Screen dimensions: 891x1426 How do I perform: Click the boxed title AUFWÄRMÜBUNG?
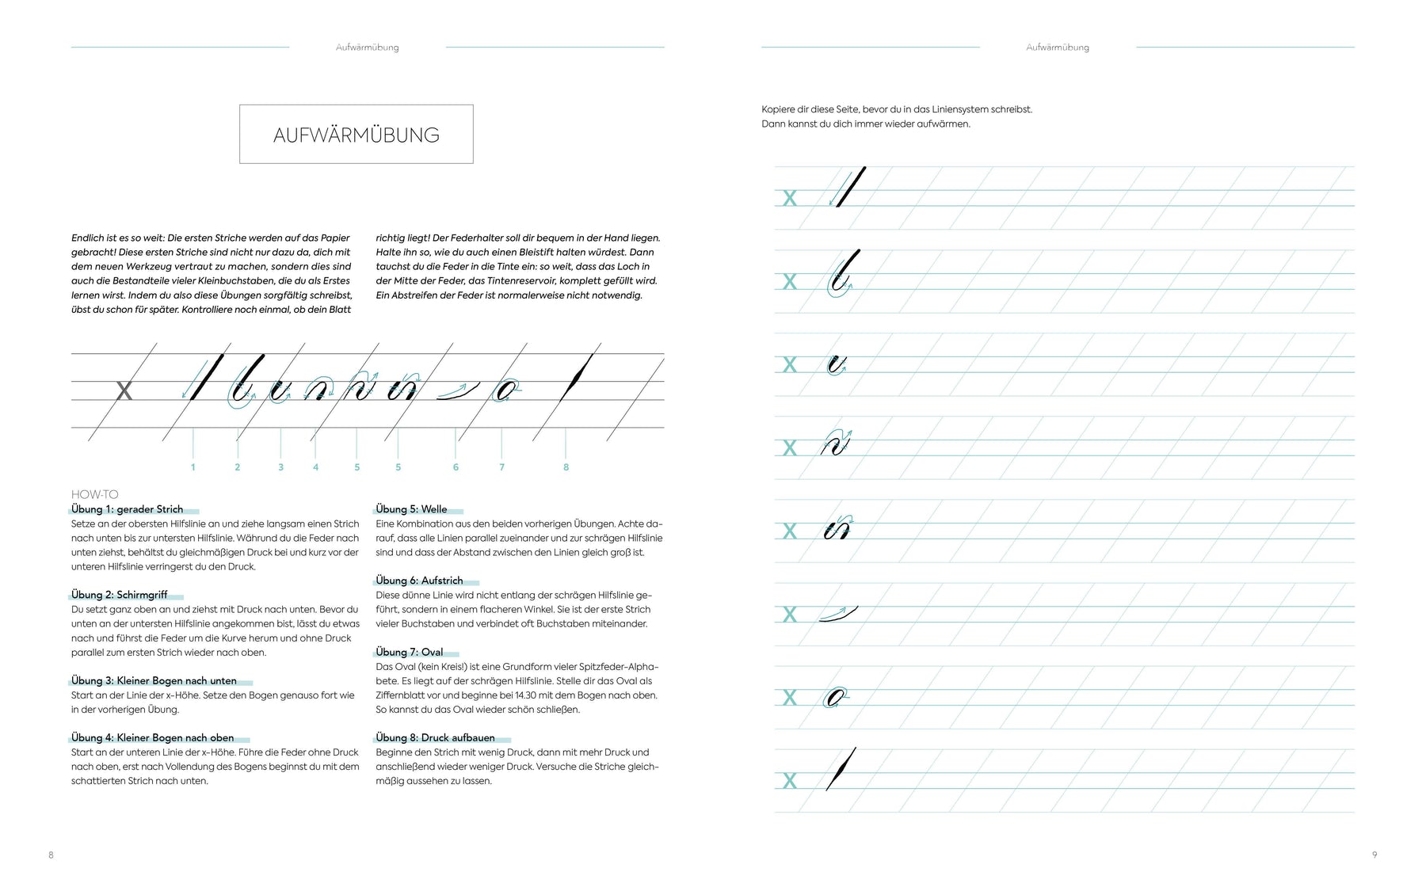356,135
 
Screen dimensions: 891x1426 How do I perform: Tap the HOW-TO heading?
94,494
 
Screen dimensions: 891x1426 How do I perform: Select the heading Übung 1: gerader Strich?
127,509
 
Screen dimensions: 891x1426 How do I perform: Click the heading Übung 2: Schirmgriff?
120,595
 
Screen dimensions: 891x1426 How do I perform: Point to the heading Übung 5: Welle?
411,509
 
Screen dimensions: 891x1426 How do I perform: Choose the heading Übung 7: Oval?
409,652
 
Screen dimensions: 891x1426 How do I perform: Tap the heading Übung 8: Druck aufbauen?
435,737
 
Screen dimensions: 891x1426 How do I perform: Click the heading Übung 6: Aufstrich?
419,581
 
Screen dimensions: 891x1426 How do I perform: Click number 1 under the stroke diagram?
193,467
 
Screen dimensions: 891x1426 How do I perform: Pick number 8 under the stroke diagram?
566,467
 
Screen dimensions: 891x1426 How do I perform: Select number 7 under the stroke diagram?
501,467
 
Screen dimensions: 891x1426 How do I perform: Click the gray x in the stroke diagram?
124,390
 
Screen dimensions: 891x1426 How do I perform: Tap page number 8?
51,855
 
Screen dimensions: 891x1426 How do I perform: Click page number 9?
1375,855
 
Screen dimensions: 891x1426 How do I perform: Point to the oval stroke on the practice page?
833,698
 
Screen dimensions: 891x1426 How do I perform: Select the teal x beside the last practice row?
789,781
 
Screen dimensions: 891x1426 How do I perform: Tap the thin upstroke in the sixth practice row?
838,614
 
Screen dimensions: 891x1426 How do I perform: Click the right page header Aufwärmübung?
1057,48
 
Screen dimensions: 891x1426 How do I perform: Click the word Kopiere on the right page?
780,109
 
